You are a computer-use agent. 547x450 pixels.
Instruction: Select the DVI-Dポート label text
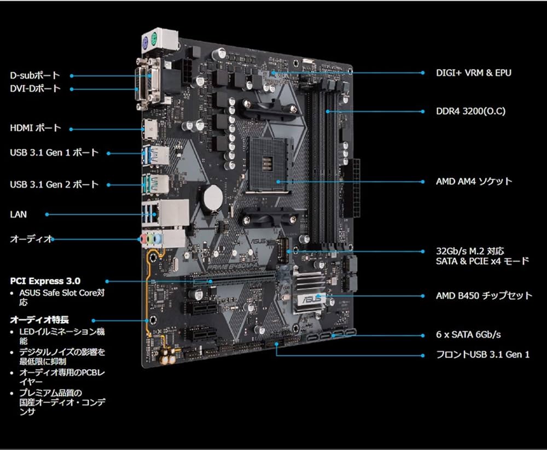[35, 89]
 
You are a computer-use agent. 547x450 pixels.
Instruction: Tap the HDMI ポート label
[36, 128]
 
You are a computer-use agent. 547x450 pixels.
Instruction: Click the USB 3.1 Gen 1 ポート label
[54, 153]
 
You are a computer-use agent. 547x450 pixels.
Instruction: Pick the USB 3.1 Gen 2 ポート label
[54, 184]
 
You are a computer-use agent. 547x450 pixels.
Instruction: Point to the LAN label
[18, 214]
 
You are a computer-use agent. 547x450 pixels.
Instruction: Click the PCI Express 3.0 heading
[49, 281]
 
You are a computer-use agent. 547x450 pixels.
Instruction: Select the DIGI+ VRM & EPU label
[474, 72]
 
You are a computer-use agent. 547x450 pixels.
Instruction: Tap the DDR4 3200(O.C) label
[470, 112]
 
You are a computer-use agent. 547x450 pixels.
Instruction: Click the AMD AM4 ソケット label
[474, 181]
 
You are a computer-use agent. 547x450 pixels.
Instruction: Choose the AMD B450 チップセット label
[484, 296]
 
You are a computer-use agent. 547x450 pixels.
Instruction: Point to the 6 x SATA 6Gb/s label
[468, 334]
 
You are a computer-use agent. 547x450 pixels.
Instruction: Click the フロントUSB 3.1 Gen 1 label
[482, 355]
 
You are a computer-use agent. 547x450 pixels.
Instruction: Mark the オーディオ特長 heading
[39, 319]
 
